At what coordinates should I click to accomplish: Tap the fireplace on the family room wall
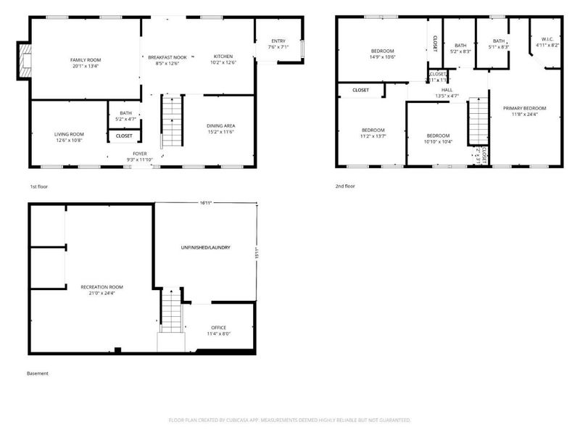26,61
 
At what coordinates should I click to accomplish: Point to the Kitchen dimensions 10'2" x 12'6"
223,62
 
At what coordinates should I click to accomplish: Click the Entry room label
278,41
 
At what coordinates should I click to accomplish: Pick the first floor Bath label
125,112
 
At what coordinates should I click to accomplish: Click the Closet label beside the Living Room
124,136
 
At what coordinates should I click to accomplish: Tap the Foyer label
140,154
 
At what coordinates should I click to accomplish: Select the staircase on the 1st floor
170,123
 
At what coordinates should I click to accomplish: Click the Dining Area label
220,126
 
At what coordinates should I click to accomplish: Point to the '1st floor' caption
39,186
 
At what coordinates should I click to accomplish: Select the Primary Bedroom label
524,108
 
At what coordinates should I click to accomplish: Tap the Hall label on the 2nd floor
447,91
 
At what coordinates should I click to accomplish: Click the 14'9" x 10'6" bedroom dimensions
383,57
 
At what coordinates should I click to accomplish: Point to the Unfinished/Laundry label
205,248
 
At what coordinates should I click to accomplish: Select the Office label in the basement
219,328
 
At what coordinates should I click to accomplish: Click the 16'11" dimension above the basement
206,203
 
